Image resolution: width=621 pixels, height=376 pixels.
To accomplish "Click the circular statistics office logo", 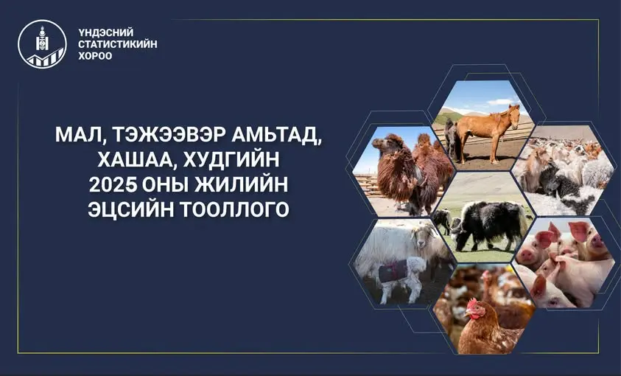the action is [43, 44].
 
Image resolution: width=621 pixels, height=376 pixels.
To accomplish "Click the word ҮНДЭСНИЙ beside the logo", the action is [106, 32].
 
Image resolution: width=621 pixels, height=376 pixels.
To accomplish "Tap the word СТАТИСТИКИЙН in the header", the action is [118, 44].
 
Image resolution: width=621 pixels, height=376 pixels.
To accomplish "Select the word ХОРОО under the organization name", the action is [95, 56].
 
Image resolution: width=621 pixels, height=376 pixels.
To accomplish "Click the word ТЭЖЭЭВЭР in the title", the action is [169, 135].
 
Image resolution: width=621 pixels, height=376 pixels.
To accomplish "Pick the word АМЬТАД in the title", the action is [277, 136].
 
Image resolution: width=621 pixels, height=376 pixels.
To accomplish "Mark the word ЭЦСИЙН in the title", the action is [130, 209].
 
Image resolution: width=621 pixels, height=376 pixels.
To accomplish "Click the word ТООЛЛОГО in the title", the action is [235, 209].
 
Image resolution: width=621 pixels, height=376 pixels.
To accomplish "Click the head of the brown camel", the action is [382, 144].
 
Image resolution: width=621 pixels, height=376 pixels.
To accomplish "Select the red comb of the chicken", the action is [472, 303].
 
